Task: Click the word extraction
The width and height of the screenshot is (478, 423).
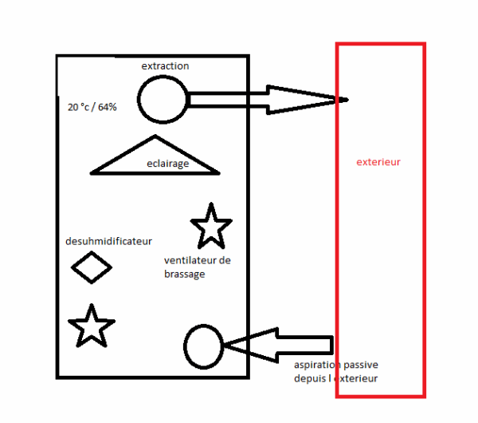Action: (x=165, y=66)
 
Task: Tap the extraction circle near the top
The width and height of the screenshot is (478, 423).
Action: (x=138, y=100)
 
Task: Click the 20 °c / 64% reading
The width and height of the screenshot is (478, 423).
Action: (x=92, y=107)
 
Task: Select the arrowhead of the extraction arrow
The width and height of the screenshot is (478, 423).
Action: (x=308, y=100)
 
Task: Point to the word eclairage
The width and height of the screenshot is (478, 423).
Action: (x=167, y=164)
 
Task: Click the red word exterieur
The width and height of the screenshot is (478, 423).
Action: (x=378, y=162)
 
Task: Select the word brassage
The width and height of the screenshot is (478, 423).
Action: (x=185, y=274)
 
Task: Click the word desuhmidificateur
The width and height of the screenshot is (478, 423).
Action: (x=108, y=241)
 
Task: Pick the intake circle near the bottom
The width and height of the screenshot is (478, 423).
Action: (x=185, y=346)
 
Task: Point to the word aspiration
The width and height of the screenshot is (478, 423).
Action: (x=317, y=365)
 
